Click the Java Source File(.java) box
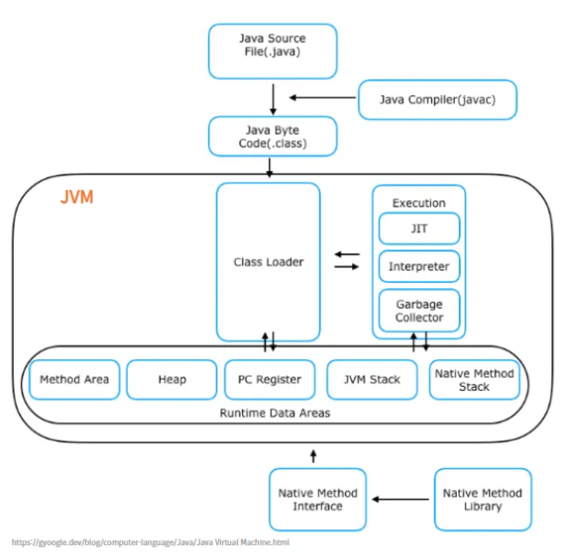click(273, 51)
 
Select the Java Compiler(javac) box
click(437, 100)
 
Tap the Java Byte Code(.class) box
click(273, 136)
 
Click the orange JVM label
click(77, 197)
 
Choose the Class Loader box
click(268, 262)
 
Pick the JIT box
click(419, 228)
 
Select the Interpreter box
click(419, 266)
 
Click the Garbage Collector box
click(419, 310)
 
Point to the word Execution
click(419, 203)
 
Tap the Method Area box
click(74, 380)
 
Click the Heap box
click(172, 380)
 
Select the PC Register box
click(270, 380)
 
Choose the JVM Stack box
click(372, 380)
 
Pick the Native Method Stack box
click(474, 380)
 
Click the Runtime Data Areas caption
click(275, 413)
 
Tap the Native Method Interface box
click(317, 500)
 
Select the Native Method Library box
click(483, 500)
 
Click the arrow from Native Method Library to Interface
click(400, 499)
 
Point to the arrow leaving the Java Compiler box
click(323, 97)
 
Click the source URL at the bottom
click(151, 542)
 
